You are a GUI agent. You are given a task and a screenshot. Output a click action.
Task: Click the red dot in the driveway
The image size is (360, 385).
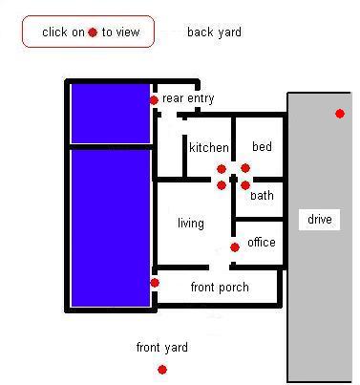click(340, 114)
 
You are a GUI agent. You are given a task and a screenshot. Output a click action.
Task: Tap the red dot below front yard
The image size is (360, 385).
click(162, 370)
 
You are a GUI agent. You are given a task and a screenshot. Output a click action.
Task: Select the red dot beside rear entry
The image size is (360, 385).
click(154, 100)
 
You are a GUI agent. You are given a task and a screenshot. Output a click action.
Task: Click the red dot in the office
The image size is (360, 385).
click(235, 247)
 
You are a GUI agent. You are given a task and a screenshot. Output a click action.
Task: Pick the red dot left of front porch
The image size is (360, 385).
click(155, 283)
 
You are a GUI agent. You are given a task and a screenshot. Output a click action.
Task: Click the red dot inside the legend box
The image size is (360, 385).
click(93, 32)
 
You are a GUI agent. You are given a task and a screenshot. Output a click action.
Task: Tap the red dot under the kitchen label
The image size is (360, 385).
click(222, 169)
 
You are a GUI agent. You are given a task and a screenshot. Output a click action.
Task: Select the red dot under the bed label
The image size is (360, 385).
click(245, 168)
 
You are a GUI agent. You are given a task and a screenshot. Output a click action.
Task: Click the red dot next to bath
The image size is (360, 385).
click(245, 185)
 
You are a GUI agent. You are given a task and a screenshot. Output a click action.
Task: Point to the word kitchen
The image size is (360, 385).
click(209, 147)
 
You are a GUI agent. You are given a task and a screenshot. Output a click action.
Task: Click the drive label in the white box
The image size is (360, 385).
click(320, 220)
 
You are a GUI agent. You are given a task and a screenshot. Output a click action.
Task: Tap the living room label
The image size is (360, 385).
click(191, 224)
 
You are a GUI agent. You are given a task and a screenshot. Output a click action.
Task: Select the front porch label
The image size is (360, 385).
click(220, 288)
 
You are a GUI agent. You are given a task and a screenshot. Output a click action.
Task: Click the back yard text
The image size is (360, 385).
click(214, 32)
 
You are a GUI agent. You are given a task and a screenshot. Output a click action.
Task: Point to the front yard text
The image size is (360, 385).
click(162, 347)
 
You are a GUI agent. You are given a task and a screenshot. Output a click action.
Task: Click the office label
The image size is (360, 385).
click(262, 243)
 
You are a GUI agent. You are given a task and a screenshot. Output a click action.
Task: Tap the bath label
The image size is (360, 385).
click(262, 195)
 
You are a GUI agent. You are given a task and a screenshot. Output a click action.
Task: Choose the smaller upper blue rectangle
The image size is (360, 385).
click(111, 114)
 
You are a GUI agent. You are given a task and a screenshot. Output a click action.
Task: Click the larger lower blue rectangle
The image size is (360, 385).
click(111, 228)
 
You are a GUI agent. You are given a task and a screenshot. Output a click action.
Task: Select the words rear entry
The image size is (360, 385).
click(188, 98)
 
